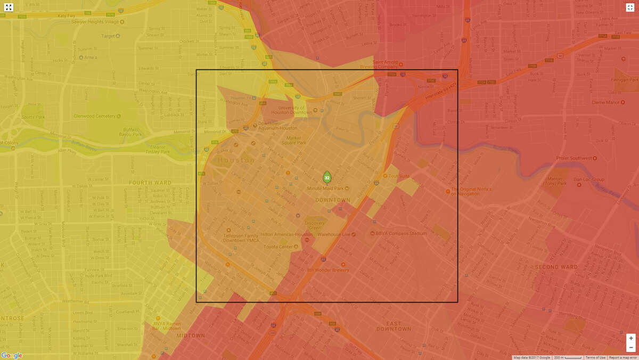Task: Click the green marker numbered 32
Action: click(x=327, y=177)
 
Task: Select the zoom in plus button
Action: click(x=631, y=338)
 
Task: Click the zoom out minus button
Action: click(x=631, y=348)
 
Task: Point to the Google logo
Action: click(x=11, y=355)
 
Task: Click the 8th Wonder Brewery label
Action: click(x=328, y=270)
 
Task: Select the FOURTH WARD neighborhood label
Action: click(x=150, y=183)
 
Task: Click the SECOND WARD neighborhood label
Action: click(x=556, y=267)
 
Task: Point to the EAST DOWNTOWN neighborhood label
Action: click(x=394, y=326)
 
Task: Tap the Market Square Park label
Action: click(x=293, y=140)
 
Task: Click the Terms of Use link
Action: click(x=595, y=357)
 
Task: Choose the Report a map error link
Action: click(x=622, y=357)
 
